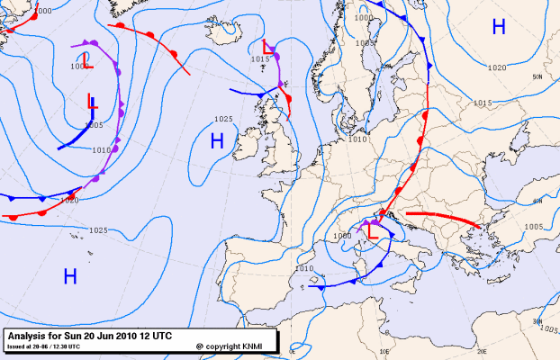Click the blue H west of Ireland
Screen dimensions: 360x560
(x=216, y=140)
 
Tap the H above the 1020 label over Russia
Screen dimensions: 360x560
(x=499, y=28)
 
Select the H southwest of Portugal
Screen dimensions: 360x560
(x=69, y=275)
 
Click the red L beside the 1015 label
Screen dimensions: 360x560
(x=266, y=47)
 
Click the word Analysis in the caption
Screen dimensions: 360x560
(x=25, y=336)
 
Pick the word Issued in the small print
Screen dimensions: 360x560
(x=15, y=346)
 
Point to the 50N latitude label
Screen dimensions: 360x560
(x=537, y=77)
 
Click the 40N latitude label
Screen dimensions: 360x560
(x=537, y=201)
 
